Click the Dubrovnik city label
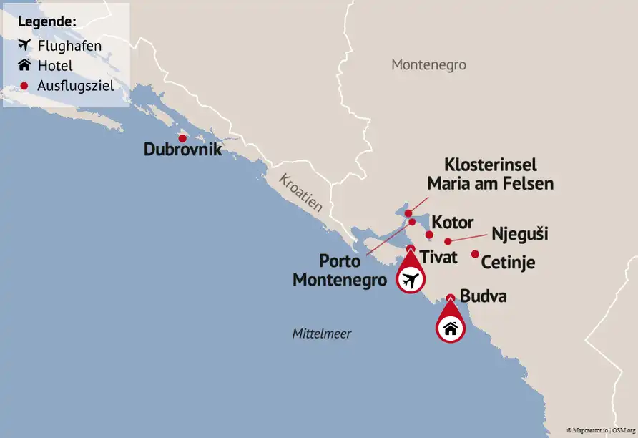[183, 151]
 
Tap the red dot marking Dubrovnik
[182, 138]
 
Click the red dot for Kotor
[429, 235]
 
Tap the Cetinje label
[508, 263]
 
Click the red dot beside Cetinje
[475, 254]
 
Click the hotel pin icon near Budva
[450, 328]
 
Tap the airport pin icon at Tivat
[409, 280]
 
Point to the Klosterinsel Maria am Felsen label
[490, 174]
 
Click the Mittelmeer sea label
[322, 334]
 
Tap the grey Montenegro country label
[428, 65]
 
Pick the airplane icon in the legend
[24, 46]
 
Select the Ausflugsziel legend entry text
[76, 86]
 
